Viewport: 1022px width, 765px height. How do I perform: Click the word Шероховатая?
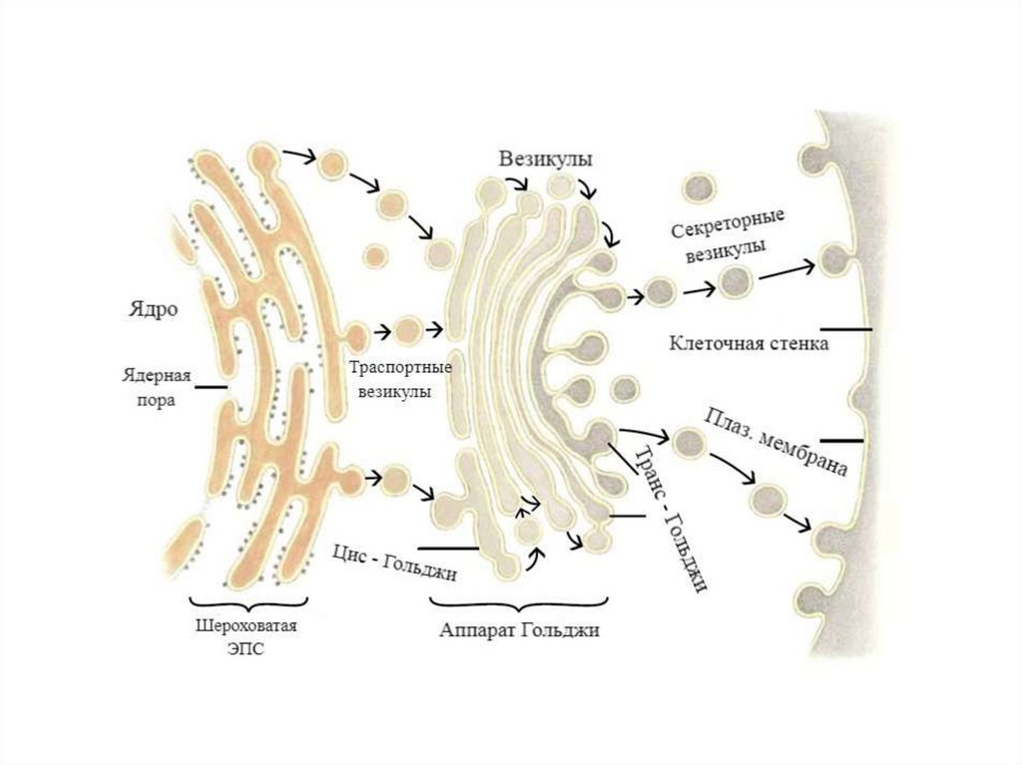click(246, 628)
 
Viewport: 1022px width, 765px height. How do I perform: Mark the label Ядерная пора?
click(156, 388)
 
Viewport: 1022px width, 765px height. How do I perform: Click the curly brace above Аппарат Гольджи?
click(519, 604)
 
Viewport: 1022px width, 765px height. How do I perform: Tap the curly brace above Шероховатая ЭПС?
click(247, 604)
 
